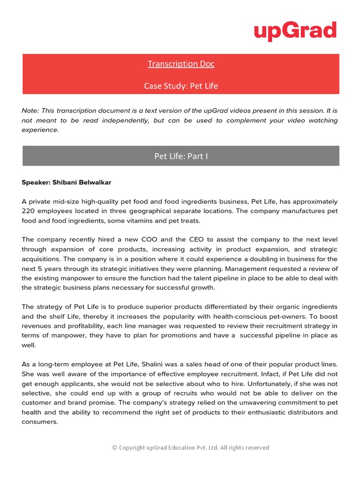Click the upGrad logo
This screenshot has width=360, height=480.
tap(295, 31)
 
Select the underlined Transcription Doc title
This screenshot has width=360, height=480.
tap(181, 64)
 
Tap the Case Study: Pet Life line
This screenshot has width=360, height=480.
tap(181, 86)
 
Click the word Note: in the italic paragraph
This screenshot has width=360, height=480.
tap(30, 111)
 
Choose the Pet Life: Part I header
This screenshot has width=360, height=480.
tap(181, 156)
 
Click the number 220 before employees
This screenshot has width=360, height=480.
tap(28, 211)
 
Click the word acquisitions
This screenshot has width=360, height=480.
tap(41, 259)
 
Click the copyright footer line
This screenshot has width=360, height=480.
tap(191, 448)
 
